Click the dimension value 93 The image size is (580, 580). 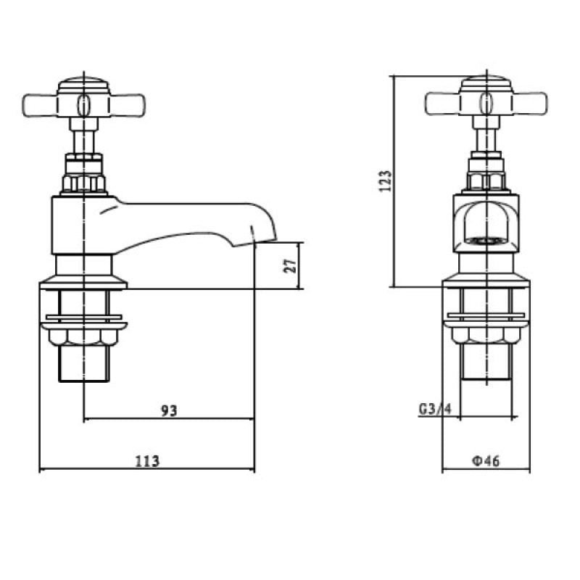point(168,410)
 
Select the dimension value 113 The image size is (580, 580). point(146,460)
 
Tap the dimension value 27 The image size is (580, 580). point(291,265)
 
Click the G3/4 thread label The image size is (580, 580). point(435,410)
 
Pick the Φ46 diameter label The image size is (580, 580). point(484,460)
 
